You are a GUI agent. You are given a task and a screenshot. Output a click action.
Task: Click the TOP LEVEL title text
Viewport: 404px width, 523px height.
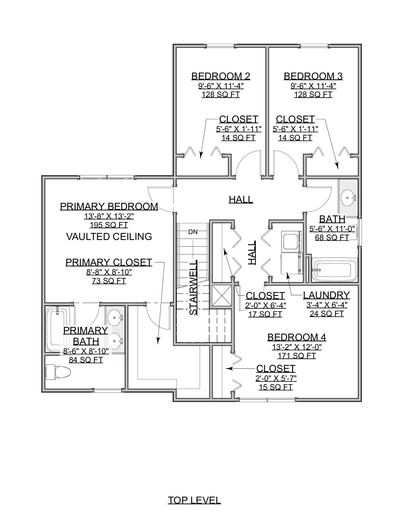[x=194, y=500]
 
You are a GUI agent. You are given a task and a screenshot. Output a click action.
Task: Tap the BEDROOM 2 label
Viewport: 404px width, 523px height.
[x=221, y=76]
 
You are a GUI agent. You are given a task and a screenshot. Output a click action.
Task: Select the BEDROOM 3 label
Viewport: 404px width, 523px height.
[x=313, y=76]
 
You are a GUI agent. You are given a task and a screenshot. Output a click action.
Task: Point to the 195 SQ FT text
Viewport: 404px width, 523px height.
[x=109, y=225]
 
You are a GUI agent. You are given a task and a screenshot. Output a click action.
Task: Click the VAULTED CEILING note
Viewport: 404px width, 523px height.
[x=109, y=236]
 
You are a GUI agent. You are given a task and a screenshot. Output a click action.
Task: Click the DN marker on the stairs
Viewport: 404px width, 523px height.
[x=193, y=232]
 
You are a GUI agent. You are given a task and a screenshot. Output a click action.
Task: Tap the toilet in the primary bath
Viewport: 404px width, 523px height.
[x=59, y=372]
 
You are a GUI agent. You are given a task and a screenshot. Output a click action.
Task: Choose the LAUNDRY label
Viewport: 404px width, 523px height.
[x=326, y=295]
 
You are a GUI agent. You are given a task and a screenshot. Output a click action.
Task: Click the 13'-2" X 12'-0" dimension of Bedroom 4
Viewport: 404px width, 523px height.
[x=297, y=347]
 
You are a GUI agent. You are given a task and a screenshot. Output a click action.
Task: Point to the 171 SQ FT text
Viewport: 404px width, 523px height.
[x=297, y=356]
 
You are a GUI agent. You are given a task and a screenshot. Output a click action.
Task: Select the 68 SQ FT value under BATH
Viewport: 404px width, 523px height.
[x=332, y=237]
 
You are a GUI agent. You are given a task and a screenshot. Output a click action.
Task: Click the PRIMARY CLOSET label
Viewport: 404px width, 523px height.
[x=109, y=262]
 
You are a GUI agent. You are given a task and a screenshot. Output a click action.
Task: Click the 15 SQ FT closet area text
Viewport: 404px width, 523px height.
[x=276, y=387]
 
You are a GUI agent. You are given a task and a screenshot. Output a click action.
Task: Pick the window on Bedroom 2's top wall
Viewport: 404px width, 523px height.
[x=220, y=46]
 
